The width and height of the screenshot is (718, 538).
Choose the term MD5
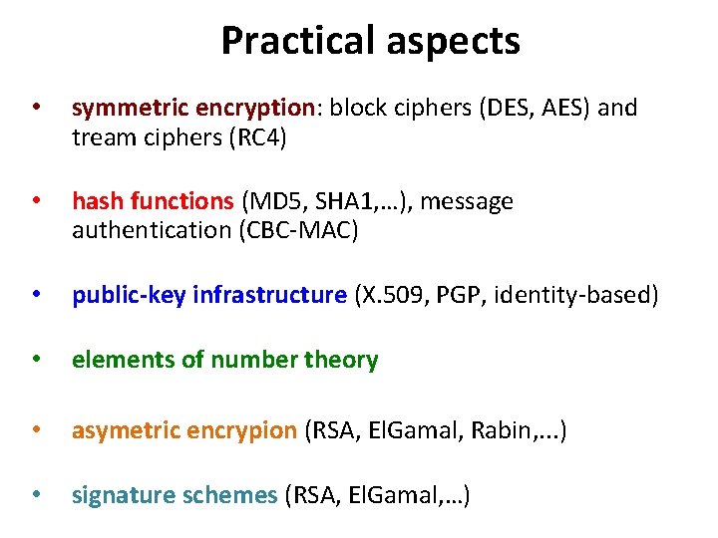click(x=273, y=202)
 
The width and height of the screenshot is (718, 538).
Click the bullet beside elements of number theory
click(x=37, y=360)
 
